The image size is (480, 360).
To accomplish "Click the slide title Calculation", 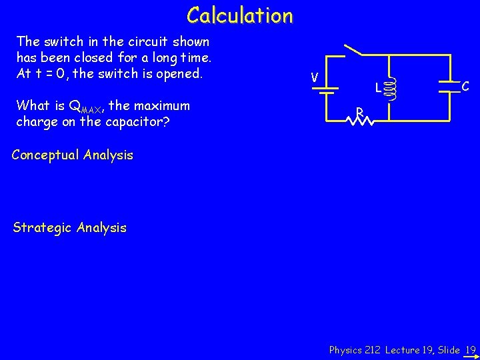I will (x=239, y=15).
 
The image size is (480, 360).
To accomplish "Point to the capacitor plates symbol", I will (x=445, y=85).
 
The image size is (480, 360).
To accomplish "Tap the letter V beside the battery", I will (x=313, y=78).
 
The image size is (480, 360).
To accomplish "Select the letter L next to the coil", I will (x=377, y=87).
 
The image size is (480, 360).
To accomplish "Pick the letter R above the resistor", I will (x=359, y=111).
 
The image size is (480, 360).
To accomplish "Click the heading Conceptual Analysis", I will (x=73, y=155).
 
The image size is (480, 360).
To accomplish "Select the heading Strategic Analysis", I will (x=70, y=228).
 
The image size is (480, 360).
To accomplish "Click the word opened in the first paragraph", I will (x=178, y=73).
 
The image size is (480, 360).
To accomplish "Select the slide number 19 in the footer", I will (x=471, y=349).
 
